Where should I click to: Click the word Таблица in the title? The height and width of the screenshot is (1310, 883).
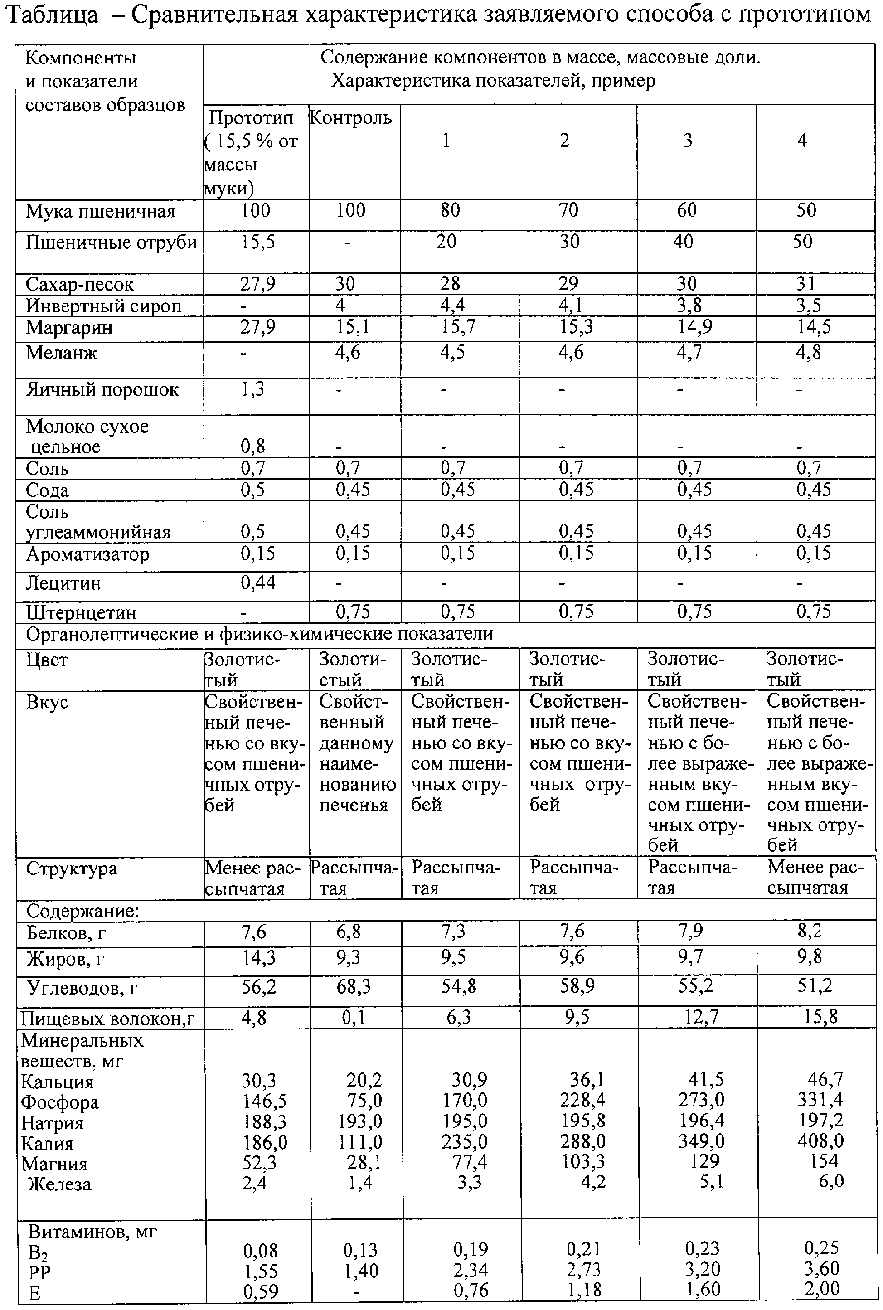pos(51,15)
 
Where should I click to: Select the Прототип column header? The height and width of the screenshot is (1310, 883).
pos(251,118)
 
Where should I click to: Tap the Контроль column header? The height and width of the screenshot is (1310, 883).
pos(351,118)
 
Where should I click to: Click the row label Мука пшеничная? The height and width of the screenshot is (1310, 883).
pos(101,212)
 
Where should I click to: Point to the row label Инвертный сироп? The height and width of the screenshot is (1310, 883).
pos(104,306)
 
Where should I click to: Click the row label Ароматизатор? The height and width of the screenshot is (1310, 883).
pos(88,554)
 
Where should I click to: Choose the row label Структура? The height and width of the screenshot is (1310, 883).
pos(72,868)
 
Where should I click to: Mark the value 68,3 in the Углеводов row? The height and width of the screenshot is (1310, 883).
pos(354,987)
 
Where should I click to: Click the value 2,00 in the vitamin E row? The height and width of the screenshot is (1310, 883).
pos(822,1288)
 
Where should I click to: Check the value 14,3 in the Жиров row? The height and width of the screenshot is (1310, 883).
pos(258,957)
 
